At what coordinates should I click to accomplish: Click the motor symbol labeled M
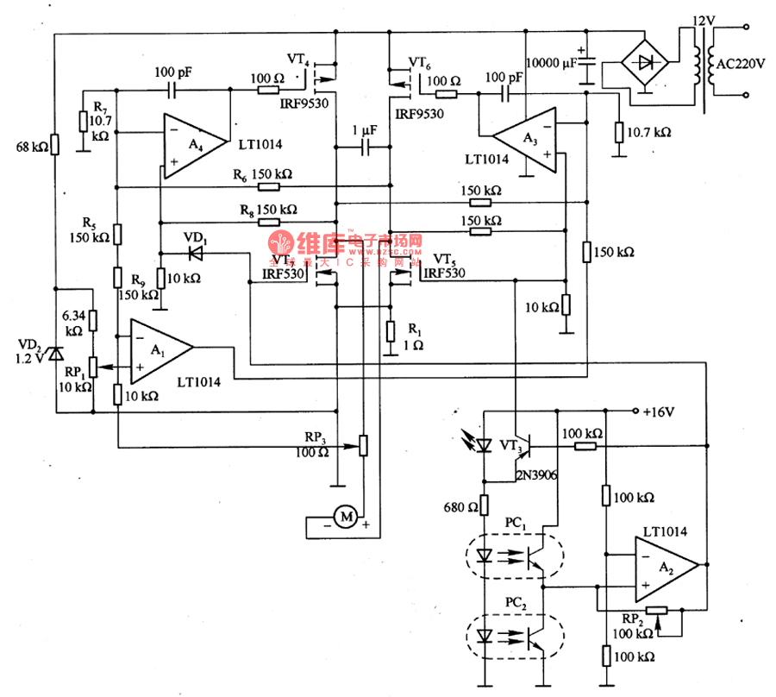pos(346,517)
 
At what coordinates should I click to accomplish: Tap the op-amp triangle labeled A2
pos(665,567)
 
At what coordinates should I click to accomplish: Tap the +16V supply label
pos(657,411)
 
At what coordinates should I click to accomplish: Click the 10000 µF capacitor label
pos(551,63)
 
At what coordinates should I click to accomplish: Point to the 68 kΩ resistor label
pos(32,147)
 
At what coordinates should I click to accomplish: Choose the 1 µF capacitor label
pos(365,130)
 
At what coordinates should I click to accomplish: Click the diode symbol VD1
pos(196,253)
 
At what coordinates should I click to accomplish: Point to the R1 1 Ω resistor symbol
pos(390,331)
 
